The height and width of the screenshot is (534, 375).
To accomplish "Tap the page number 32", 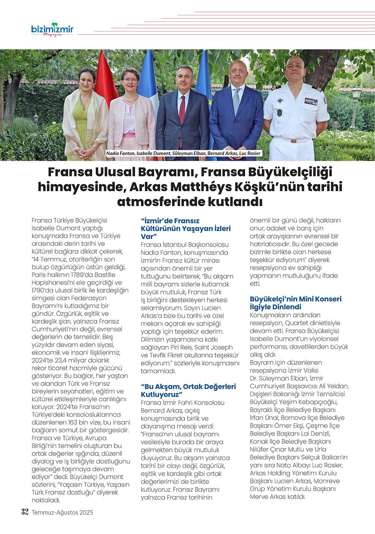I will (x=24, y=512).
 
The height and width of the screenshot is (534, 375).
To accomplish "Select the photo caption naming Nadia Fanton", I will (x=183, y=154).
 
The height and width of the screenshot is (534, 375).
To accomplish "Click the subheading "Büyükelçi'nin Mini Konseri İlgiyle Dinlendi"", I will (x=295, y=303).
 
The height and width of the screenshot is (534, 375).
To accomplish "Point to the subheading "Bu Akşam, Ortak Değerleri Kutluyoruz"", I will (x=188, y=390).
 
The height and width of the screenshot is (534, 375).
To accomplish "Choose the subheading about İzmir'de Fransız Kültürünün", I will (x=186, y=228).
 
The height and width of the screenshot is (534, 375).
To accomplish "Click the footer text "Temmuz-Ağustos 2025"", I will (x=62, y=512).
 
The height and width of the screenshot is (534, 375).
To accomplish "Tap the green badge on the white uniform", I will (x=280, y=113).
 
